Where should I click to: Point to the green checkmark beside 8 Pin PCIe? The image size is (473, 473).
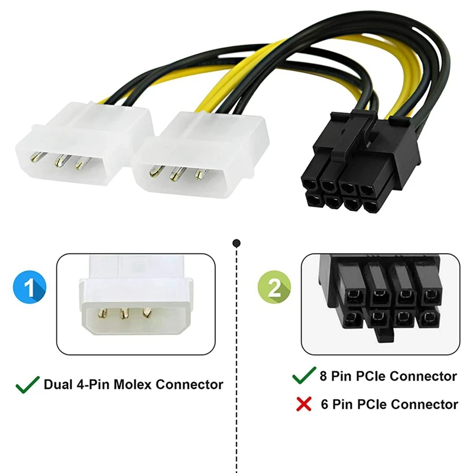304,375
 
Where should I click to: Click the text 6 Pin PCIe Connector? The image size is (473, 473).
388,404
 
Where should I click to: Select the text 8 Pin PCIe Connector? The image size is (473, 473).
387,376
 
